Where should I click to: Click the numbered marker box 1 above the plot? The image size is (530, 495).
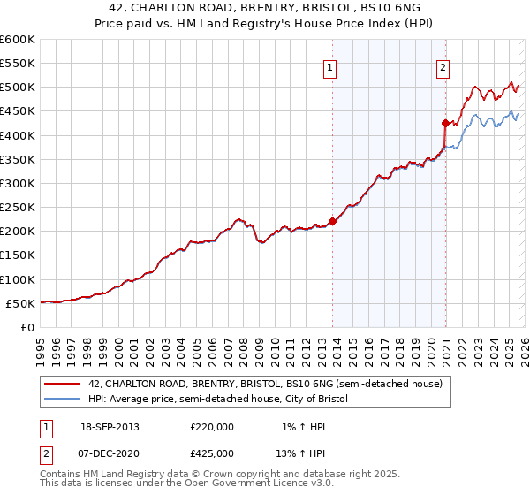coord(329,66)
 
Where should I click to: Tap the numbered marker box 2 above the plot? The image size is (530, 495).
coord(442,66)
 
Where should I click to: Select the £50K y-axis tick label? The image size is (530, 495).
coord(21,303)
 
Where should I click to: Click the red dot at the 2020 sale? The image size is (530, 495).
coord(444,124)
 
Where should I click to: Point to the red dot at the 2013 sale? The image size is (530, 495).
coord(332,221)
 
